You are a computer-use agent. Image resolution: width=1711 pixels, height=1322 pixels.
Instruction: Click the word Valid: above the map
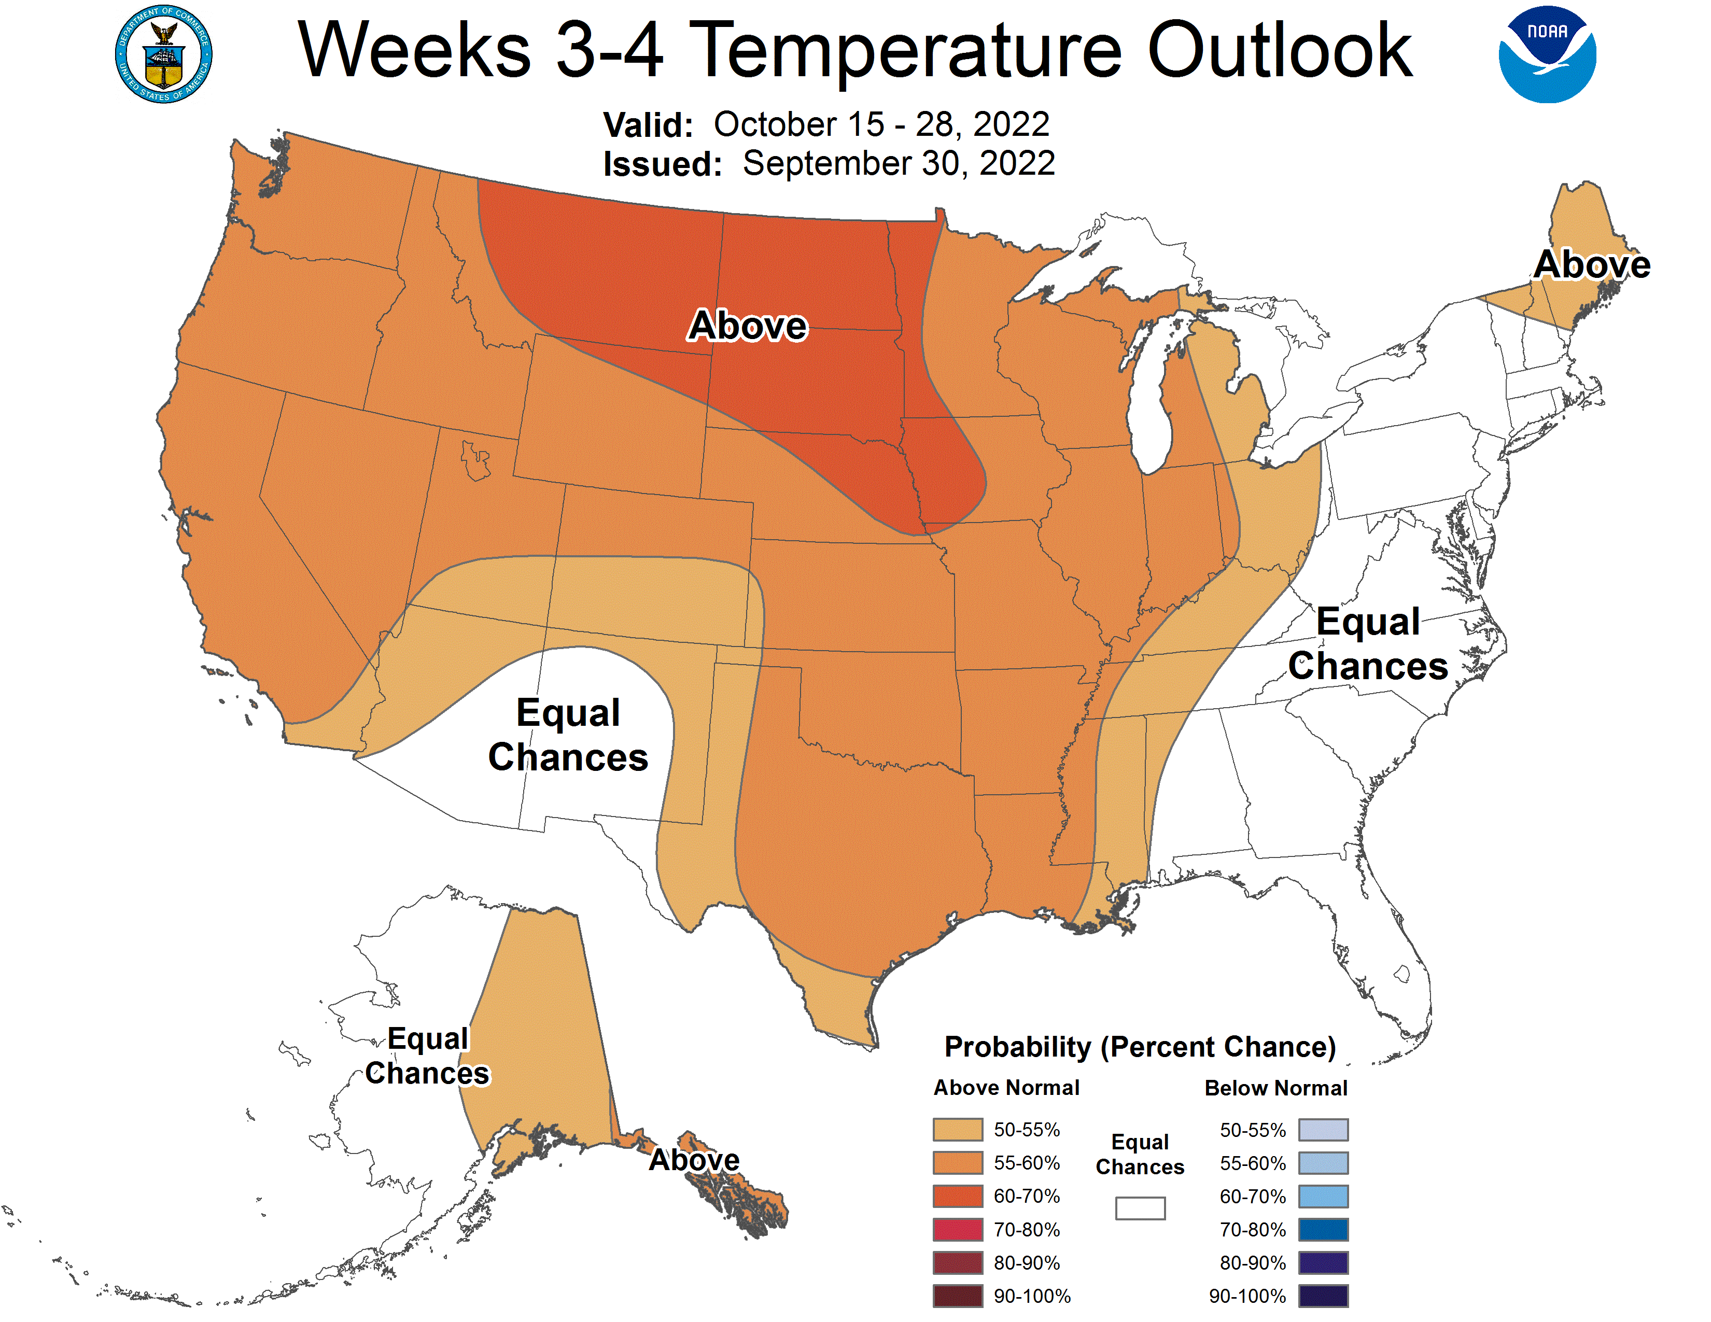(x=647, y=125)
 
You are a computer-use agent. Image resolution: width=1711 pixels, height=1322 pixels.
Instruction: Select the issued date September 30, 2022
(x=899, y=164)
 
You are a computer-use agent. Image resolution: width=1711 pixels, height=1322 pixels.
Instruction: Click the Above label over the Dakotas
(x=747, y=325)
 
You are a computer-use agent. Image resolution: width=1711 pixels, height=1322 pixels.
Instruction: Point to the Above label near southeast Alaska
(x=694, y=1160)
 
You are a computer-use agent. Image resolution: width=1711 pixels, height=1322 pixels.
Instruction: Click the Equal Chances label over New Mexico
(x=568, y=735)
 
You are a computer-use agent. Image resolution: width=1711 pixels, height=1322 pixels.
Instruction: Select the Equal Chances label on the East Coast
(x=1368, y=644)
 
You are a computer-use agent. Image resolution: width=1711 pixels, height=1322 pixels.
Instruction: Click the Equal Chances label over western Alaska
(x=428, y=1056)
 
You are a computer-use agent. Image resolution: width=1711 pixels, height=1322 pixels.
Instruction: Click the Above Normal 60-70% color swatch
(x=957, y=1196)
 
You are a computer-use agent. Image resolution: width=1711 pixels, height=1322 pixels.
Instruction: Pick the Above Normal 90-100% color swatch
(x=957, y=1296)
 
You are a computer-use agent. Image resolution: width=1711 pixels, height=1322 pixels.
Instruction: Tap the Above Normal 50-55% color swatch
(x=957, y=1129)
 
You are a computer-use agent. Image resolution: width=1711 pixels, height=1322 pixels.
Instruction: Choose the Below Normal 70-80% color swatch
(x=1323, y=1230)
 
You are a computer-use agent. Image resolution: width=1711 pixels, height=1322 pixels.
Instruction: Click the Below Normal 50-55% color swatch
(x=1323, y=1129)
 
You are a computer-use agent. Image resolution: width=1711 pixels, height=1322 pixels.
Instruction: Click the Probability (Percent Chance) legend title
(x=1140, y=1047)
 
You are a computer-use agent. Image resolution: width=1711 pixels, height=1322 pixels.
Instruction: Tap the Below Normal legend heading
(x=1275, y=1088)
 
